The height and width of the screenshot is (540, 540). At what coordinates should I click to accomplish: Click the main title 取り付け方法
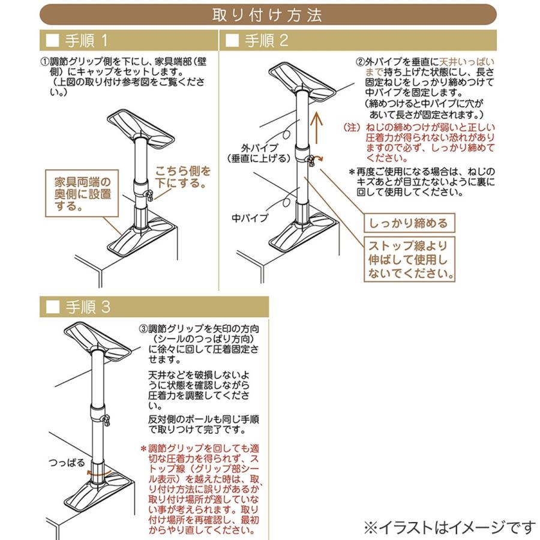coord(267,15)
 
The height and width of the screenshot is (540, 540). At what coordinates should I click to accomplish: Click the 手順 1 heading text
coord(87,41)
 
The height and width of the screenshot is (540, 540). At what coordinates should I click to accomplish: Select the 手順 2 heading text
coord(266,41)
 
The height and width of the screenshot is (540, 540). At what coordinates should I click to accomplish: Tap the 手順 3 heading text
coord(88,307)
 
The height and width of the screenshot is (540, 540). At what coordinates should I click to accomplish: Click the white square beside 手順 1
coord(53,41)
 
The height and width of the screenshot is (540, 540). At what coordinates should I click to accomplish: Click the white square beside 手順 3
coord(53,307)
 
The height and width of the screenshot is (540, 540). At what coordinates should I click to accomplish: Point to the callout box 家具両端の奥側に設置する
coord(82,193)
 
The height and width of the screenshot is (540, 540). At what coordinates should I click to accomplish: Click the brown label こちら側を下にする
coord(182,177)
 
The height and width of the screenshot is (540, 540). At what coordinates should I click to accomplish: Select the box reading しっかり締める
coord(409,223)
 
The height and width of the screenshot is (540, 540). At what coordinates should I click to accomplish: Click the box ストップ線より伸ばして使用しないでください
coord(409,259)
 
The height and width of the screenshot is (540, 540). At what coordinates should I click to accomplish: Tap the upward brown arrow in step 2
coord(316,129)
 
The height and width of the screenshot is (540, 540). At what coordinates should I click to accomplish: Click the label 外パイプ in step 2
coord(259,148)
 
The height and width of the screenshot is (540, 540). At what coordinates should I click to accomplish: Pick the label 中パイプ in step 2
coord(250,218)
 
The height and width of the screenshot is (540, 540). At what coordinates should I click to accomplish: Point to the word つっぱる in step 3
coord(67,462)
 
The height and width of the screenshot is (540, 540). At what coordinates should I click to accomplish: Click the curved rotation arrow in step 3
coord(99,472)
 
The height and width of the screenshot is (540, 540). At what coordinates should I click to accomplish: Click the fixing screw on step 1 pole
coord(149,195)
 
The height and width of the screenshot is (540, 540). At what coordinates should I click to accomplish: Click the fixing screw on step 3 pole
coord(106,420)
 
